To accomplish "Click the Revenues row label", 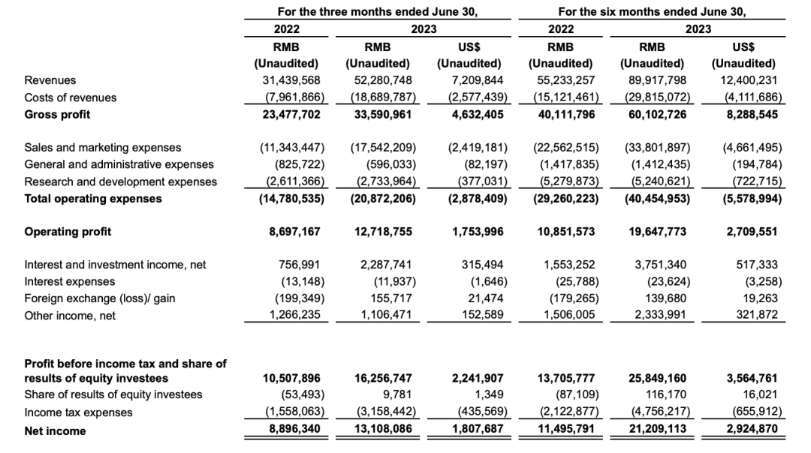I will tap(50, 80).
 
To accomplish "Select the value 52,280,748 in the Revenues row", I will tap(382, 80).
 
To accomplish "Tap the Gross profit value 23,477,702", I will tap(291, 114).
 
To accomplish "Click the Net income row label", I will tap(56, 430).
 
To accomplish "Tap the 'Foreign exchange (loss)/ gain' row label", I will tap(100, 298).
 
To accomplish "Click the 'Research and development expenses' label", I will tap(121, 181).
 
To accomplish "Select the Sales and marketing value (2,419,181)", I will tap(475, 148).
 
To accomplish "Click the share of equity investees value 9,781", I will tap(398, 395).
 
